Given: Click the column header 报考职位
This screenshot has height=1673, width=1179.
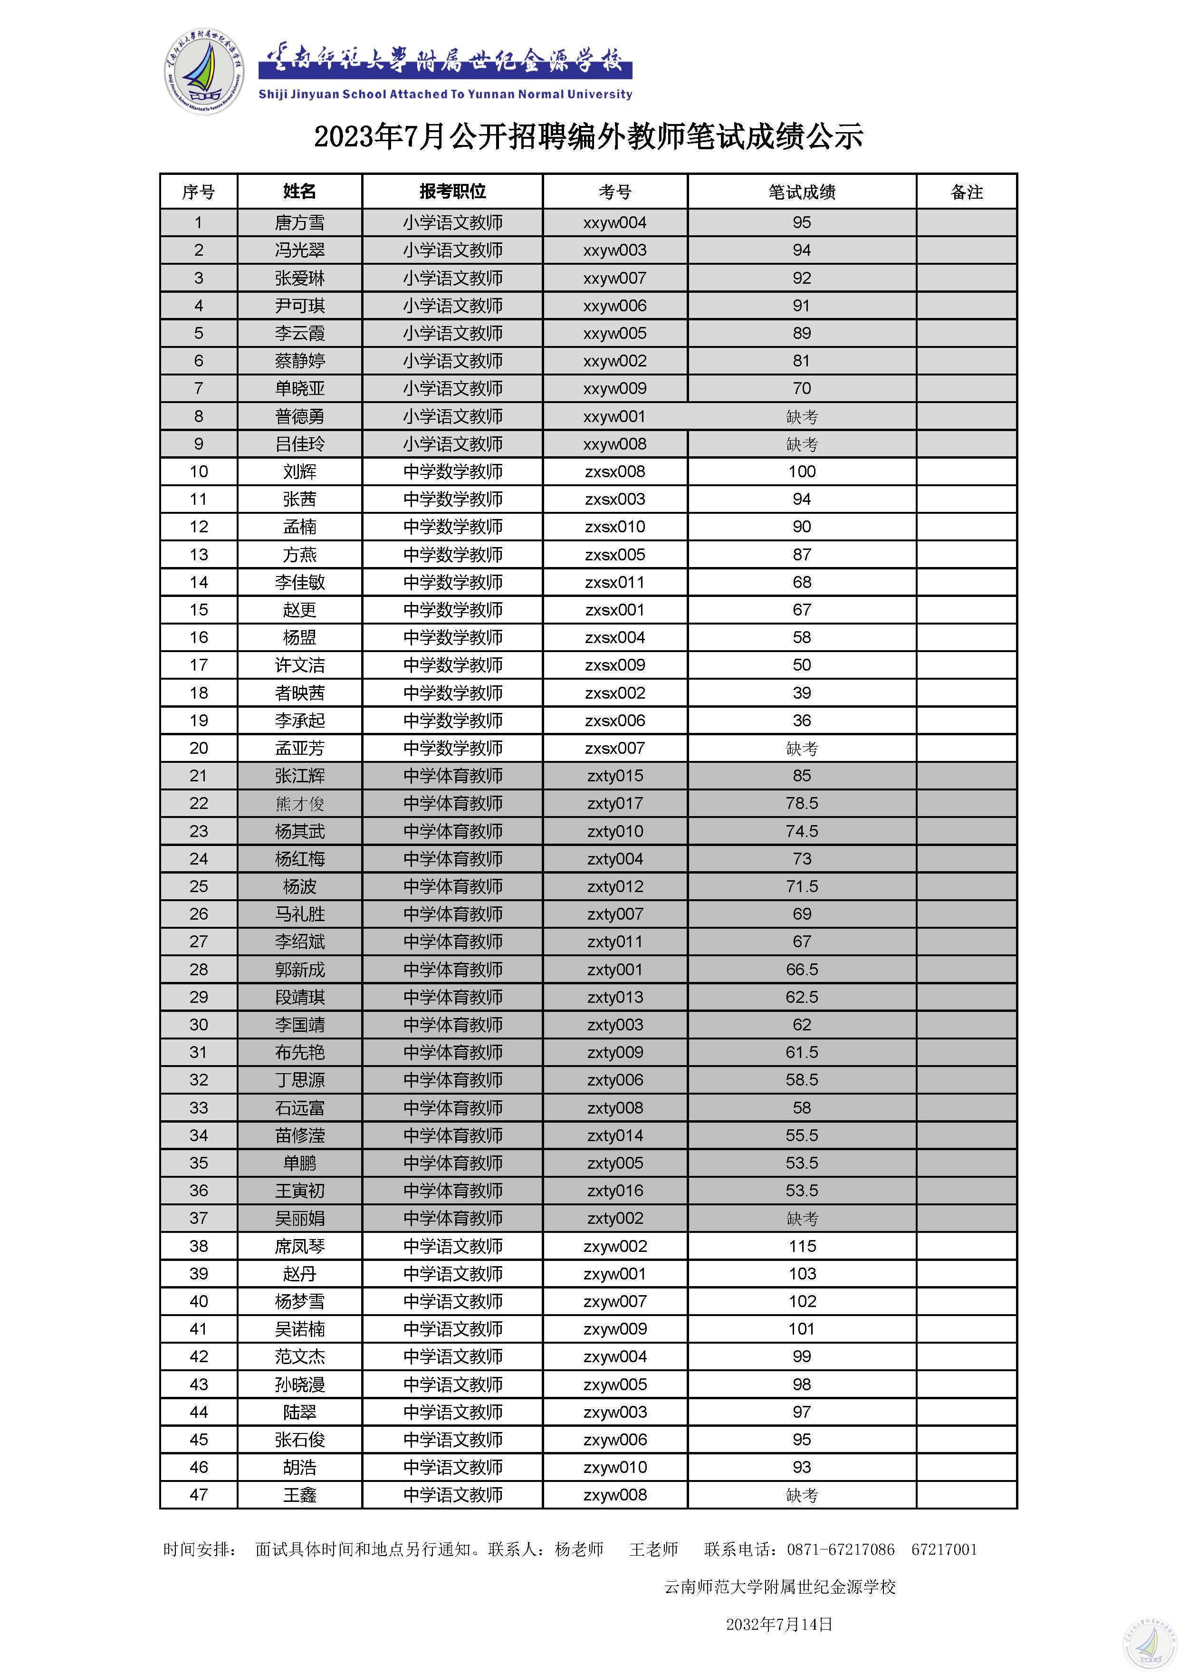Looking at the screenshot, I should pos(452,192).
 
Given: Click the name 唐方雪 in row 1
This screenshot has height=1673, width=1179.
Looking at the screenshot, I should pos(299,223).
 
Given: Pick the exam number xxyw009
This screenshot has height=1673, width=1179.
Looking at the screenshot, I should pos(615,388).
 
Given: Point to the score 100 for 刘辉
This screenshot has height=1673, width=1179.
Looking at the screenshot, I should pos(802,471).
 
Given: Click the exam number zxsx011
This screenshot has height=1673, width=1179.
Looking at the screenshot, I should pos(615,582).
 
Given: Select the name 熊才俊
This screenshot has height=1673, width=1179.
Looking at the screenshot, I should pos(299,804).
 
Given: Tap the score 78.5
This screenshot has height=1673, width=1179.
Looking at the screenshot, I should pos(802,804).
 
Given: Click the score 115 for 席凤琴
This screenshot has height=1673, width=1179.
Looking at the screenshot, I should pos(802,1246).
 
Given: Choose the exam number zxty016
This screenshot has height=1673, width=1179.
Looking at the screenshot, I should pos(615,1191).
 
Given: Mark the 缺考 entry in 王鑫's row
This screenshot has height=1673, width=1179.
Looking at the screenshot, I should pos(802,1495).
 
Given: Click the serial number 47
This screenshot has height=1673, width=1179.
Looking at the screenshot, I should pos(198,1495).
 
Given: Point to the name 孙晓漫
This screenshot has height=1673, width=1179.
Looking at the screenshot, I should pos(299,1385).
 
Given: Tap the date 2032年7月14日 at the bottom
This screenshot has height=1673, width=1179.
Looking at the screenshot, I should pos(779,1624).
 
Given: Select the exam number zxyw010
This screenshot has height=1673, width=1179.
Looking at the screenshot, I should pos(615,1468).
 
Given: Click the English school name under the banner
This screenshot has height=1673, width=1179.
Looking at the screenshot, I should pos(445,94).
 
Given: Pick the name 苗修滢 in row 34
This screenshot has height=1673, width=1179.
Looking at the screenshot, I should pos(299,1135).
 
